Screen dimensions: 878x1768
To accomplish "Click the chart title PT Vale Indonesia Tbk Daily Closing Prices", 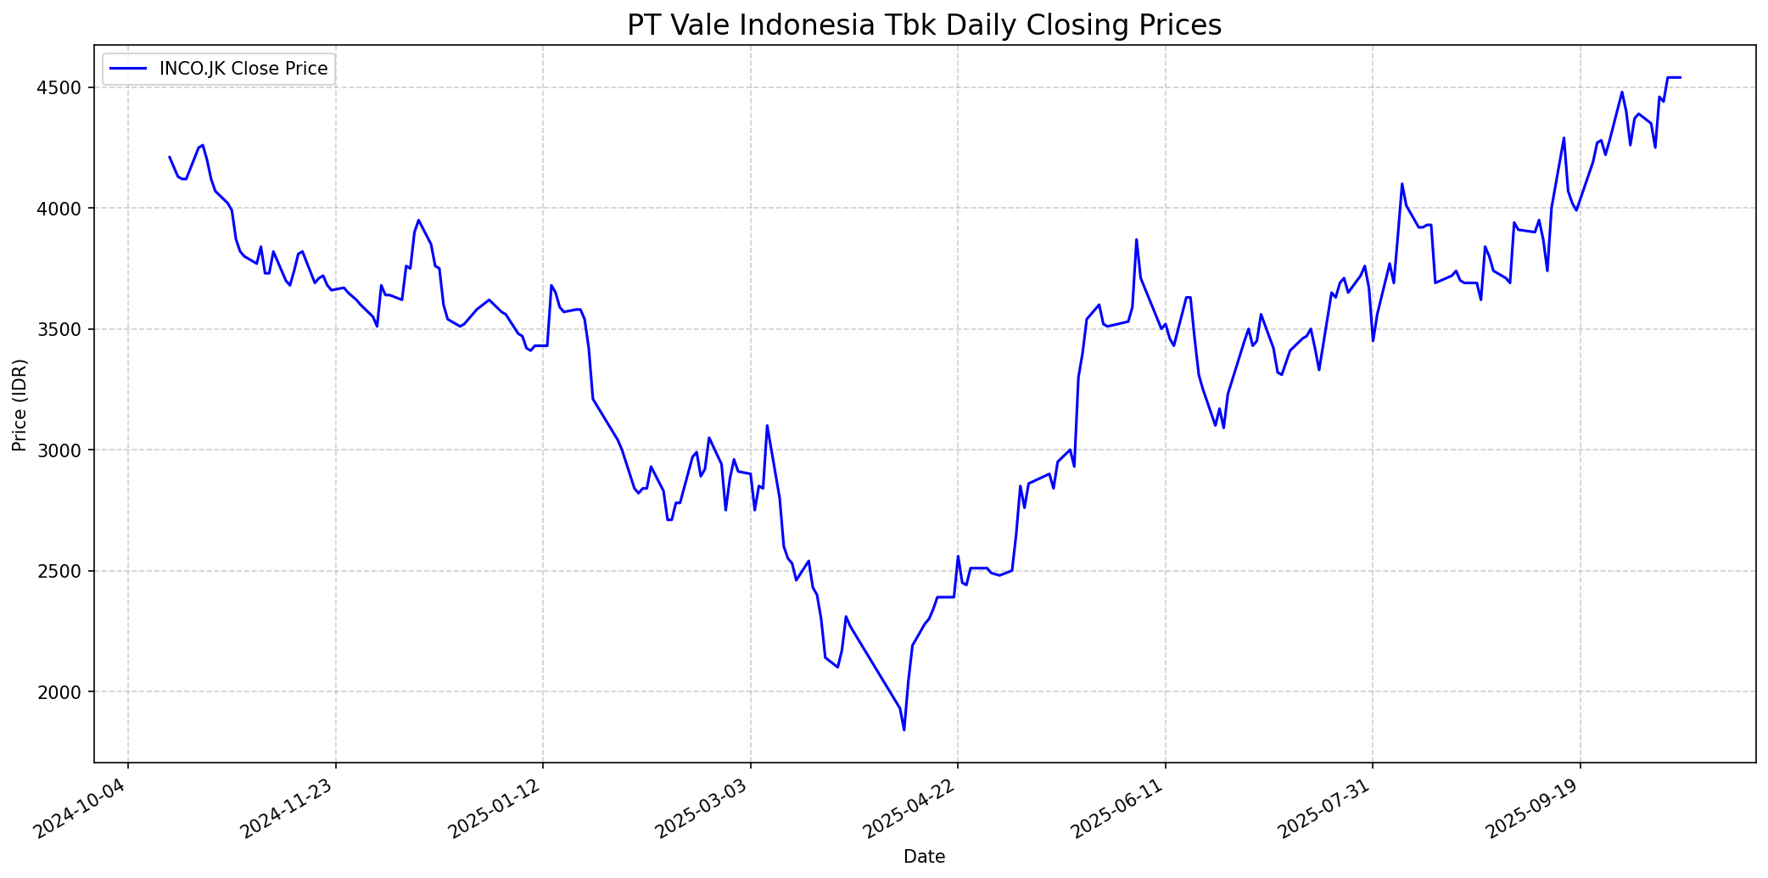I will [x=924, y=25].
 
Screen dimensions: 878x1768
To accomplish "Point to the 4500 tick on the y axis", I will [x=64, y=88].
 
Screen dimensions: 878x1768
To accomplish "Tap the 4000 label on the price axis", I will [x=64, y=209].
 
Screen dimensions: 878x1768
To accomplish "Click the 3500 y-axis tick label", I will [x=64, y=329].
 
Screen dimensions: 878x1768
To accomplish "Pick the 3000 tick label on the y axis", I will [x=64, y=450].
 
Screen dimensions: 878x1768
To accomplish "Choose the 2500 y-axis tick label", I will [x=64, y=571].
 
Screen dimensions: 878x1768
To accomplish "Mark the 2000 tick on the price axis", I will [x=64, y=692].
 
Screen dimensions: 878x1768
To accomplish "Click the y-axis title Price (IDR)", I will [x=20, y=405].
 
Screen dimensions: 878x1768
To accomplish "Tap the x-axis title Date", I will [x=924, y=857].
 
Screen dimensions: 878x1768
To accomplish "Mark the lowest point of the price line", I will [x=904, y=730].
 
